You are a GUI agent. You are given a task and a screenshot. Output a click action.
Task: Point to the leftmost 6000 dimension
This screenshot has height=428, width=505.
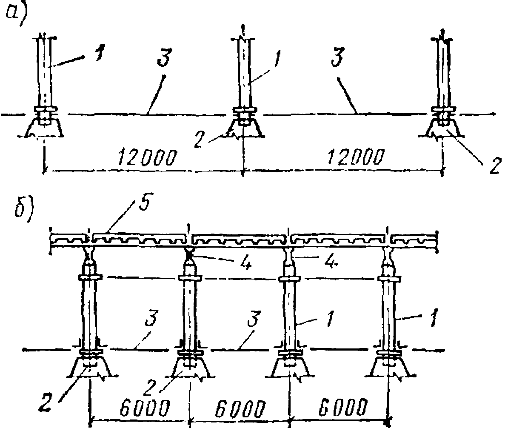click(138, 409)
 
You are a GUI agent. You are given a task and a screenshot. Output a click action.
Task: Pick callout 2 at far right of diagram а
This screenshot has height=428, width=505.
click(493, 165)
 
